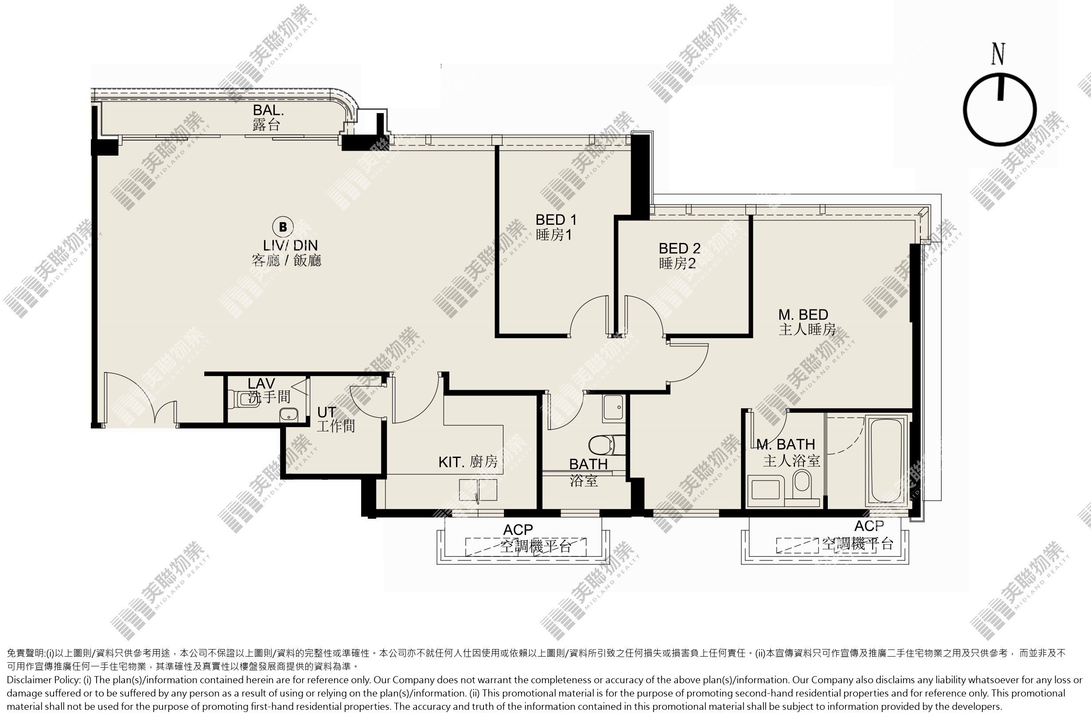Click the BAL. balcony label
point(268,110)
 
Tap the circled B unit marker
point(283,227)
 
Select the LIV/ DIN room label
point(290,245)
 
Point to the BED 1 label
point(556,219)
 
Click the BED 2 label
point(679,248)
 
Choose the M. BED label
point(803,314)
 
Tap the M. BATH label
point(786,445)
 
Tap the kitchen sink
point(478,490)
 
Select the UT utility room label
point(326,412)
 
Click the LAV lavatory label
point(261,383)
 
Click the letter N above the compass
point(998,54)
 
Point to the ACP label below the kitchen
point(518,530)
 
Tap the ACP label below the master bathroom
point(869,526)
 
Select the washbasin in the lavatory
point(288,415)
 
